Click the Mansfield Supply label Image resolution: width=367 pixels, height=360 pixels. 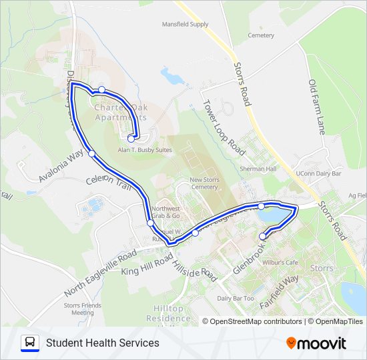185,24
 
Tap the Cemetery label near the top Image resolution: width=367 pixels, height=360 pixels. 260,35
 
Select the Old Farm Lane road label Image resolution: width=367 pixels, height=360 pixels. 316,107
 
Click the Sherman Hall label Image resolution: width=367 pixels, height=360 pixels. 258,169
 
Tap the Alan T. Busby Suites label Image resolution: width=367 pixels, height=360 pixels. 145,150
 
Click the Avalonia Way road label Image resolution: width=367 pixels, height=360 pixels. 61,165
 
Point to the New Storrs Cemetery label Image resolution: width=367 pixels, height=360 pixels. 204,183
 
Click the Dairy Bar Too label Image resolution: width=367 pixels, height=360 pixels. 235,298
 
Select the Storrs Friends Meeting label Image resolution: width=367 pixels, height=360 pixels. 78,309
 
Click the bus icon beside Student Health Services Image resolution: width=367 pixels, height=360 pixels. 30,343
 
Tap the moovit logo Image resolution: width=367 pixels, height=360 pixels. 316,343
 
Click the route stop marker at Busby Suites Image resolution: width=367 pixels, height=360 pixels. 131,139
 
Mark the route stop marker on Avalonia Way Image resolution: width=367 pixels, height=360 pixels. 91,154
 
